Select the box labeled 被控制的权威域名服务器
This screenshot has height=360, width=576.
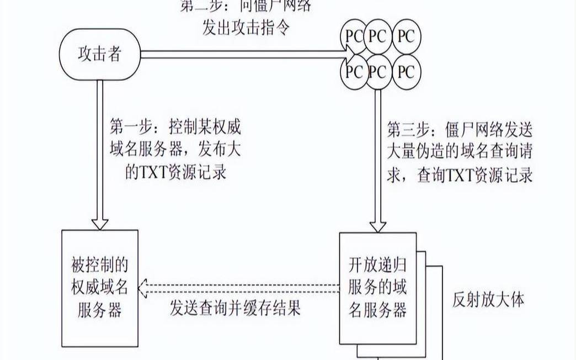click(x=99, y=287)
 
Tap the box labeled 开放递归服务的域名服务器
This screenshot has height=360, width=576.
click(x=377, y=287)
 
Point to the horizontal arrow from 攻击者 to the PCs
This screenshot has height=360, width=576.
click(x=243, y=54)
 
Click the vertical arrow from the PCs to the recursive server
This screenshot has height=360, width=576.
click(x=377, y=160)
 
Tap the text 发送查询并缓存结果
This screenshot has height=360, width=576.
click(x=236, y=308)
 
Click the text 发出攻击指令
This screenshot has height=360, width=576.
click(x=246, y=28)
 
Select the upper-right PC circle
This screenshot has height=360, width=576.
click(x=406, y=36)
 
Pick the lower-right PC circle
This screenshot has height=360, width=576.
click(x=406, y=72)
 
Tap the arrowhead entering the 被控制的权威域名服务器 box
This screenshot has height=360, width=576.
click(x=99, y=222)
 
